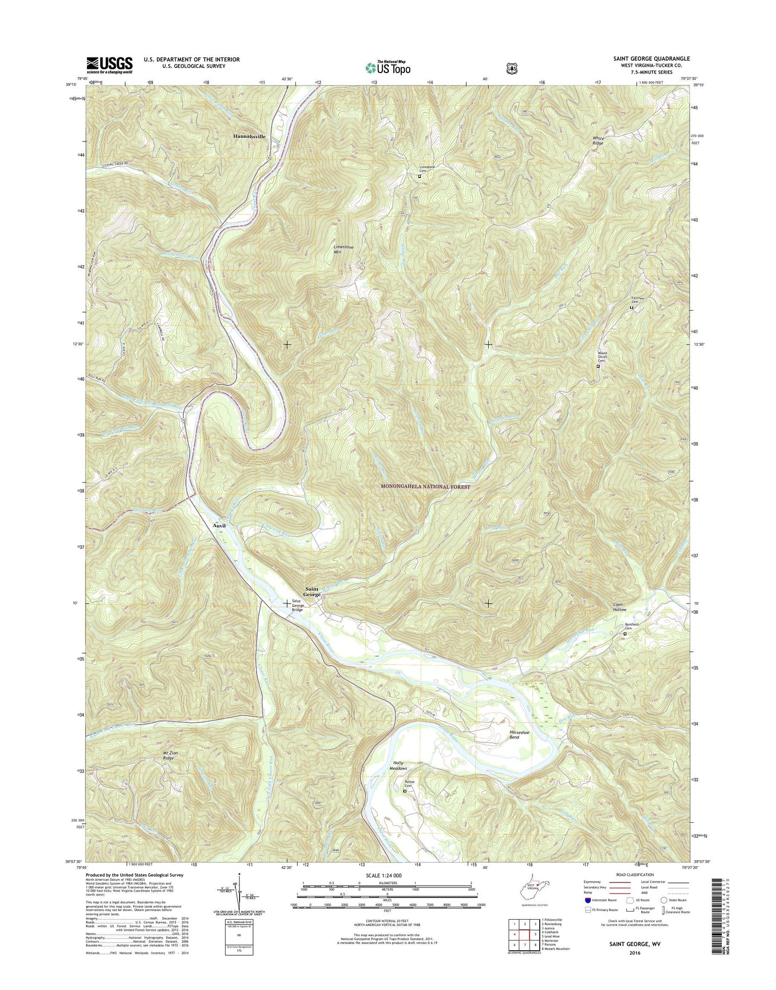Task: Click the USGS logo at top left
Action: (110, 65)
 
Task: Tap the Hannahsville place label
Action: (249, 137)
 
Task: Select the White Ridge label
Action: (598, 141)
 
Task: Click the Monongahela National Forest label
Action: (425, 487)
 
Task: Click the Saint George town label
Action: (312, 592)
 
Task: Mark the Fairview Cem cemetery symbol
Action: (632, 308)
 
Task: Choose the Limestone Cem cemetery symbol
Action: (420, 176)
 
